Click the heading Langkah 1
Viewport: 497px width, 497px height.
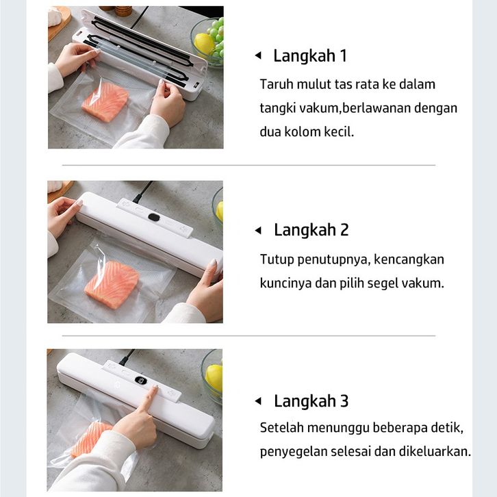tap(310, 56)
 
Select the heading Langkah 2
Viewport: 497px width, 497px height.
tap(311, 230)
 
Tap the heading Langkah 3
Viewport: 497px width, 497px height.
tap(311, 401)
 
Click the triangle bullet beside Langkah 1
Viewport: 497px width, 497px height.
tap(258, 55)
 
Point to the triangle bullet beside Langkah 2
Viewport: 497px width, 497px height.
tap(258, 231)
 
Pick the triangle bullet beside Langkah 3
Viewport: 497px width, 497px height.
tap(258, 401)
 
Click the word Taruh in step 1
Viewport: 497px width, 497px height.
tap(277, 85)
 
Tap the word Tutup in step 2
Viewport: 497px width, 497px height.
tap(277, 259)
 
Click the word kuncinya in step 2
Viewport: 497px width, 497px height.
tap(285, 283)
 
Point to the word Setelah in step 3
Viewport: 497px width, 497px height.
tap(281, 428)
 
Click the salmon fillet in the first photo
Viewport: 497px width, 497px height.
tap(105, 102)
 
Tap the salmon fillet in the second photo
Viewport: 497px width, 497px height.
tap(112, 284)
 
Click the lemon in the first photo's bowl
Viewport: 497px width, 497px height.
tap(204, 44)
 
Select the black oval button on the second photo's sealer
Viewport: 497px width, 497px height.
tap(154, 218)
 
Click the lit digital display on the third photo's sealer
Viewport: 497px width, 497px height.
tap(140, 381)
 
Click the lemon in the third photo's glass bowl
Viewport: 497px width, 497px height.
tap(214, 378)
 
